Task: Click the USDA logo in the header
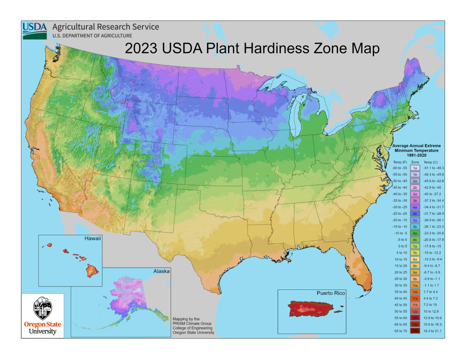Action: coord(35,30)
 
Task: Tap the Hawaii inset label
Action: coord(91,238)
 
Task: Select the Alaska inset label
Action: coord(161,271)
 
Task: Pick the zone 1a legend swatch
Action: coord(415,168)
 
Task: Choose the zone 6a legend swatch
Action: coord(415,233)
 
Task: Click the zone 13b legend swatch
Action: coord(415,331)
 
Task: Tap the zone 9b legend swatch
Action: coord(415,279)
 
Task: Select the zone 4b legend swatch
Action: coord(415,213)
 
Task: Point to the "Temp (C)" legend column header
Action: coord(431,162)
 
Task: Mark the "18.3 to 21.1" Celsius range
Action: coord(432,331)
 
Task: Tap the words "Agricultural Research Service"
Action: coord(106,27)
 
